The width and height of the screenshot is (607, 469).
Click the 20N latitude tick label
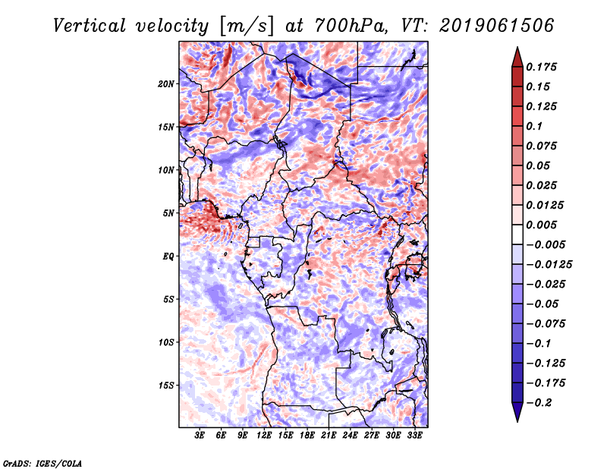click(x=166, y=83)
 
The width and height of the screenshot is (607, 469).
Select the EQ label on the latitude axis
click(x=168, y=257)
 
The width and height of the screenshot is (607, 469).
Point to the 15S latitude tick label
click(x=166, y=386)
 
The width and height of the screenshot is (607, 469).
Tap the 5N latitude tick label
click(x=168, y=213)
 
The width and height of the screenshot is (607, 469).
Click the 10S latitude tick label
click(x=166, y=342)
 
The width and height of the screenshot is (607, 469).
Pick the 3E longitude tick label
click(x=200, y=436)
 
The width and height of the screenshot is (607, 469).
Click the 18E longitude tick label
click(x=307, y=436)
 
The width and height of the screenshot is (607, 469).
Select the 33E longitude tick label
click(x=415, y=436)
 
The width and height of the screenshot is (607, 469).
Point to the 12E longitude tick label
click(x=265, y=436)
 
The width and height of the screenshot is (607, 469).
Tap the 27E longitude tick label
click(x=372, y=436)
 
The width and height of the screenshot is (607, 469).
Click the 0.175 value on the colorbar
click(x=543, y=67)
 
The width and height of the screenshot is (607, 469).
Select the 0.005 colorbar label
click(x=543, y=225)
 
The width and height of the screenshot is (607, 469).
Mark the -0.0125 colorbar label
click(x=550, y=264)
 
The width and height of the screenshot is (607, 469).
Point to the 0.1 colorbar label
click(x=535, y=126)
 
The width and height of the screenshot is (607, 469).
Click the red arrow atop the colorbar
click(x=517, y=56)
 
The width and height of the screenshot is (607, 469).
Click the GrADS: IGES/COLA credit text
click(x=42, y=462)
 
